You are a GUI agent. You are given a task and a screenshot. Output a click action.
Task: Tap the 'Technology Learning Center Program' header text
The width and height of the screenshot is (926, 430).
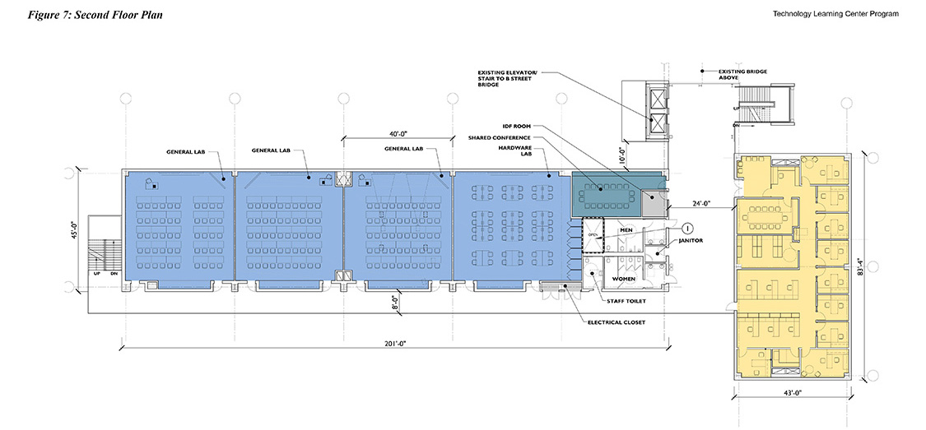[x=835, y=14]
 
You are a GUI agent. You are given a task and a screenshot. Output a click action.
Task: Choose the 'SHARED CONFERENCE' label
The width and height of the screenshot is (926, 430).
[x=500, y=136]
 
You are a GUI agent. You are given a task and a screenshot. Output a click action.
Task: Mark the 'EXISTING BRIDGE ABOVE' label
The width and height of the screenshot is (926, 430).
[x=742, y=75]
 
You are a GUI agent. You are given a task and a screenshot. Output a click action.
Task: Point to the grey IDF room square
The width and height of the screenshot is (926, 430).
[x=655, y=197]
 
